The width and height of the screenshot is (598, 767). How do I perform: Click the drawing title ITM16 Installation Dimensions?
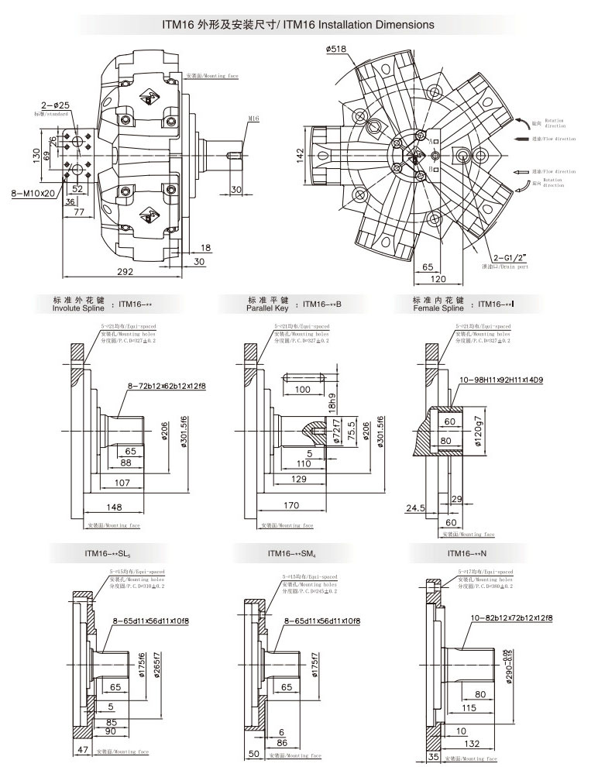pos(298,25)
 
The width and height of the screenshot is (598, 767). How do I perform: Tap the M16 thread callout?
pos(254,119)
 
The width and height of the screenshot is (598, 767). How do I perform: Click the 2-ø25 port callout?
pos(56,105)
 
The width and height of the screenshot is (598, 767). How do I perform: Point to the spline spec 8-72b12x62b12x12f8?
pos(163,385)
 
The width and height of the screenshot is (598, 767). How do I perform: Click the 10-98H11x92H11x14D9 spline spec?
pos(512,379)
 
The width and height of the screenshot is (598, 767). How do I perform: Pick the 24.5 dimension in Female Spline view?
pos(416,508)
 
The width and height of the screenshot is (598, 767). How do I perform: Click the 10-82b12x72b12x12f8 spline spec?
pos(511,617)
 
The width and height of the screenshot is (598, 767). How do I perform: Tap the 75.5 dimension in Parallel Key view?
pos(353,430)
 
